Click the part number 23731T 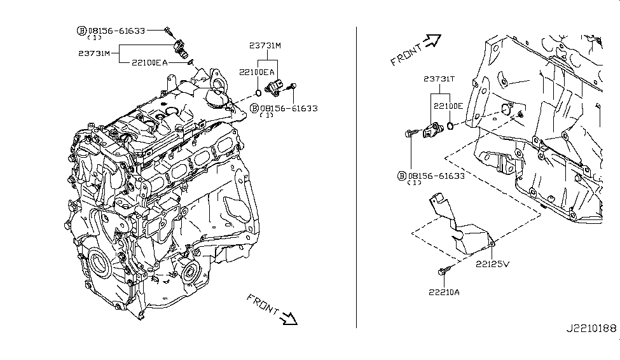pyautogui.click(x=439, y=79)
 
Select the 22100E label pyautogui.click(x=449, y=106)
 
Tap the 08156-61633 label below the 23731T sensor pyautogui.click(x=436, y=175)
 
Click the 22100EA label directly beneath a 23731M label pyautogui.click(x=257, y=73)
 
